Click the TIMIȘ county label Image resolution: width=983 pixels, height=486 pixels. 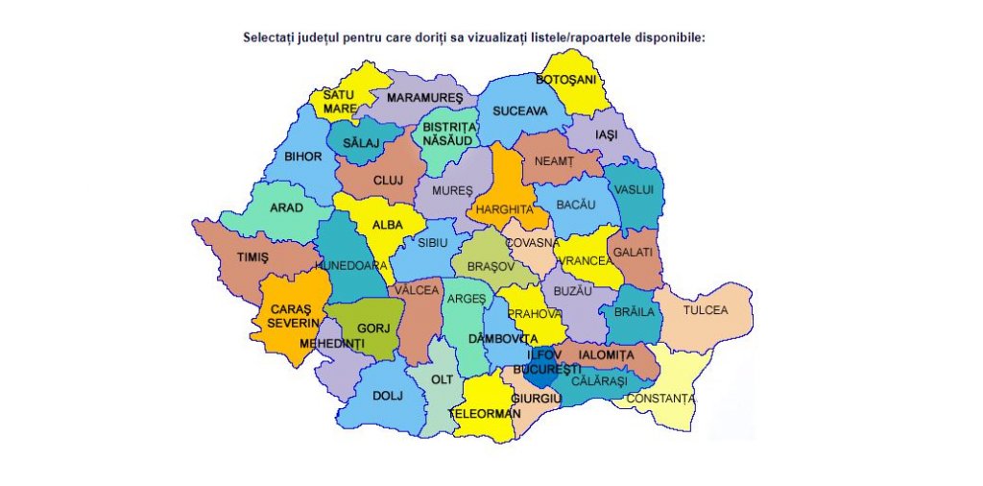[252, 257]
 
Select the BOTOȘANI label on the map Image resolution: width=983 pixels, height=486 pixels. [566, 79]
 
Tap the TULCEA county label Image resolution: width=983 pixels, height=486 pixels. [706, 310]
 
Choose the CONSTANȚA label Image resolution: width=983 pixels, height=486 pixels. [659, 398]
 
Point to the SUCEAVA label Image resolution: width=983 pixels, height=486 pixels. [519, 111]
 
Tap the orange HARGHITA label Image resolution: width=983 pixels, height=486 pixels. [504, 208]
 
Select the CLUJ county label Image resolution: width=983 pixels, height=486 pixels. [388, 180]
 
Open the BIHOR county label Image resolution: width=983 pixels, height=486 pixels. [303, 156]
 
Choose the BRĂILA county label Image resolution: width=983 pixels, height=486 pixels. [635, 312]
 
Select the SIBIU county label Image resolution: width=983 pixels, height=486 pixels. [433, 243]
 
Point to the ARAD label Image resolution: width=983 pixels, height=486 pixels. [286, 207]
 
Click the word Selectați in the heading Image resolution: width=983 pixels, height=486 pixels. [268, 38]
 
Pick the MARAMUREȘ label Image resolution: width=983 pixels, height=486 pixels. [424, 98]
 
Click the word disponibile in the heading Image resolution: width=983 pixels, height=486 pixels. [671, 38]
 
